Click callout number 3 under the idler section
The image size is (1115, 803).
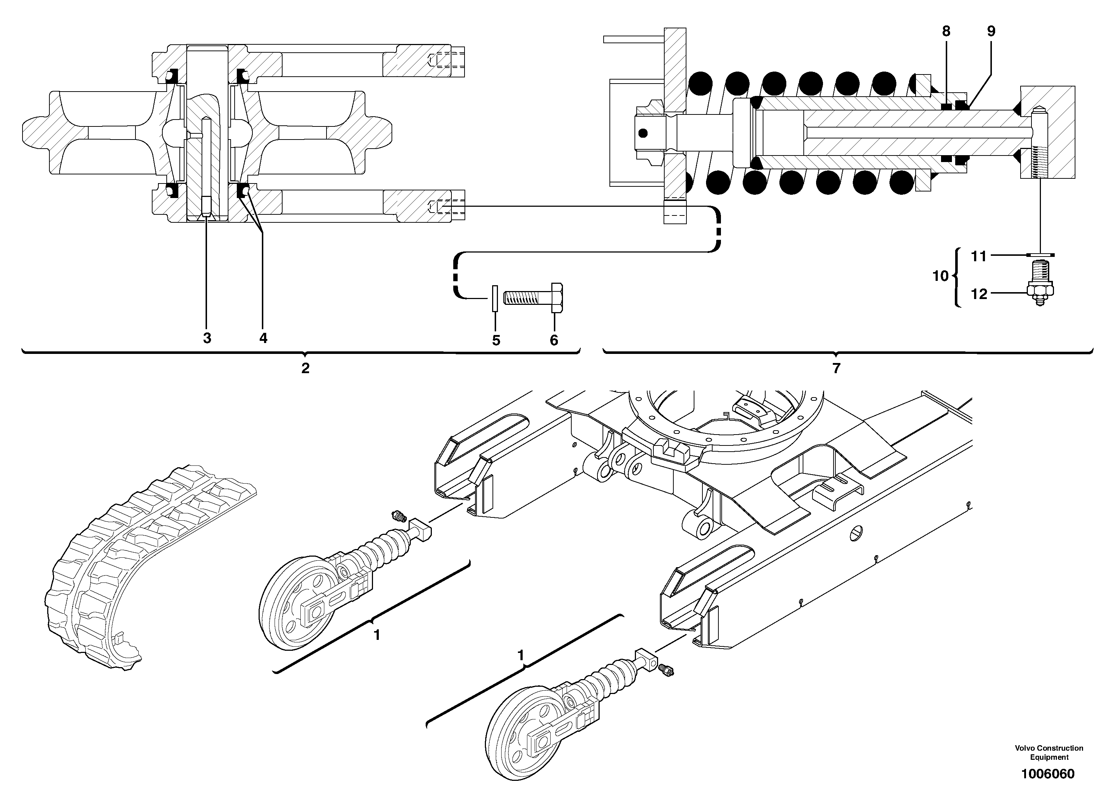pos(207,338)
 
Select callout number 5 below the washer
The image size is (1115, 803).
pos(496,340)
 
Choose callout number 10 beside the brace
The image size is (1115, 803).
pos(940,277)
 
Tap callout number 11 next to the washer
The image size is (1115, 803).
pos(978,256)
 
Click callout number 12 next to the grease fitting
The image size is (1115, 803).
pos(979,294)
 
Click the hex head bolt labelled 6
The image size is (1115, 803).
pos(534,298)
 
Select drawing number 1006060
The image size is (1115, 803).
pos(1048,774)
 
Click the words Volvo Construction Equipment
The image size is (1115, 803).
pos(1049,752)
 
